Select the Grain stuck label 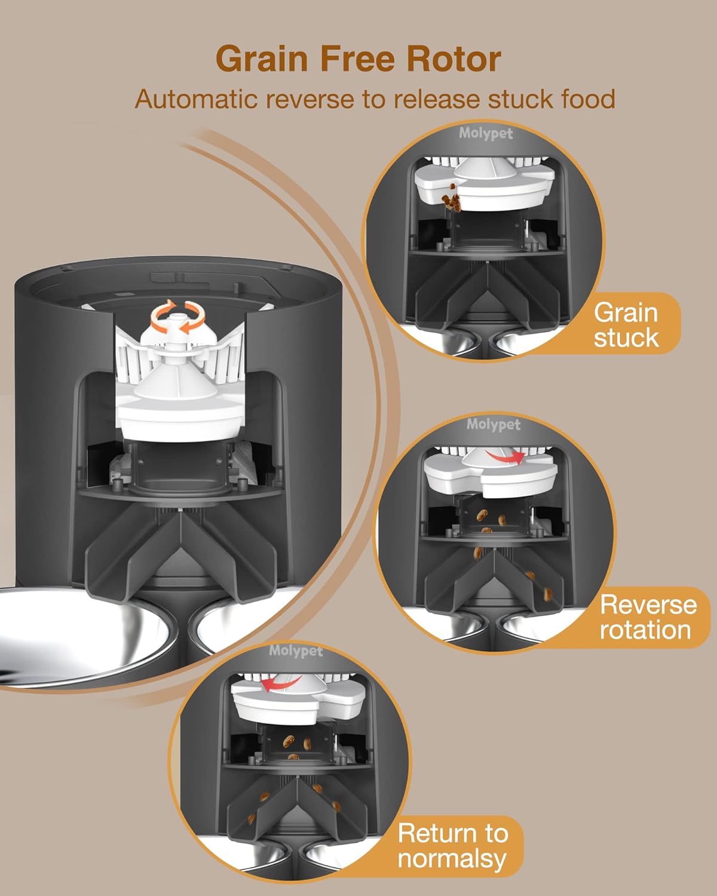coord(626,325)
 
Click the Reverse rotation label coord(647,617)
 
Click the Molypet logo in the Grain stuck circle coord(486,133)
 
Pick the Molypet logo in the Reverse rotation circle coord(494,425)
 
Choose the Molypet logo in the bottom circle coord(295,650)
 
